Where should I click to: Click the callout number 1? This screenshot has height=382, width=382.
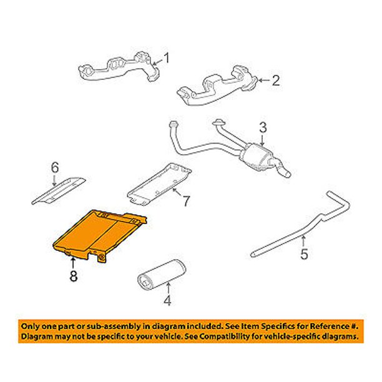click(x=167, y=58)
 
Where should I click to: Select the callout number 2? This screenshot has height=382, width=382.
click(x=276, y=80)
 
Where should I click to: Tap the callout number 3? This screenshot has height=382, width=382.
click(x=263, y=127)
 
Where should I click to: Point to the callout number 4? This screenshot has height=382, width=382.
click(x=168, y=300)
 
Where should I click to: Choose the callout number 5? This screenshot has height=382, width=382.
click(x=304, y=254)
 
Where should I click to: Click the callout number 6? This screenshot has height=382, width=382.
click(x=55, y=167)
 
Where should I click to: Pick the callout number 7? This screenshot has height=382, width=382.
click(x=186, y=201)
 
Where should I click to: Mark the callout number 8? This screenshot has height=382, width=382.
click(x=73, y=276)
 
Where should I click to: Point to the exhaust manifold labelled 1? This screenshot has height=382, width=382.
click(x=119, y=67)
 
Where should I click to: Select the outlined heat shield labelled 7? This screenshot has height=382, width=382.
click(x=159, y=184)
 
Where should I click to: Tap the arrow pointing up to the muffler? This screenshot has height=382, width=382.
click(x=168, y=288)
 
